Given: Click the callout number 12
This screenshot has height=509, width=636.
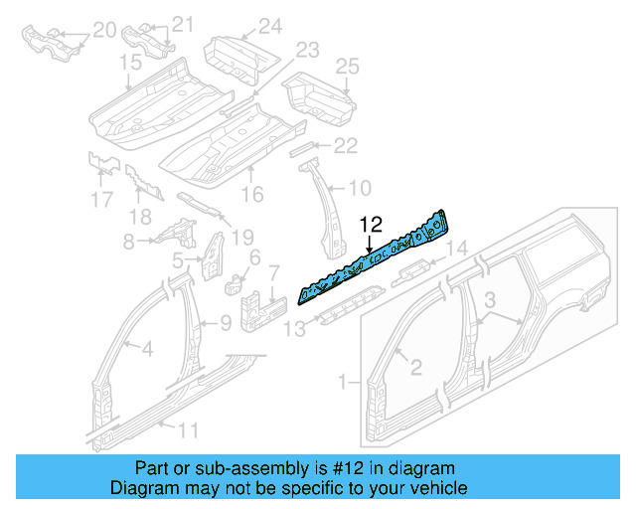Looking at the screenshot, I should (371, 225).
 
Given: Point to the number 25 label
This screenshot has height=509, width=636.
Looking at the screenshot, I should (346, 67).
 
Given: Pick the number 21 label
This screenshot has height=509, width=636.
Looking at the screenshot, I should (183, 24).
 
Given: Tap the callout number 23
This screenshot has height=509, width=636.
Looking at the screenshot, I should (306, 49).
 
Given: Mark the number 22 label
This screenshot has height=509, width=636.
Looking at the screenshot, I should (344, 146).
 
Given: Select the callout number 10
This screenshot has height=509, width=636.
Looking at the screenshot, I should (360, 186).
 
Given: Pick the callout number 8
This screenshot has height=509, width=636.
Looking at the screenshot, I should (128, 242).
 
